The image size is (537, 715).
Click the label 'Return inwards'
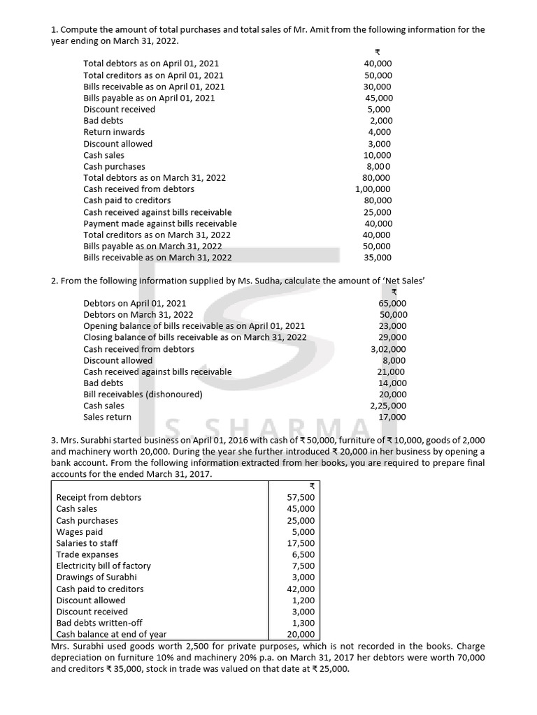coord(114,132)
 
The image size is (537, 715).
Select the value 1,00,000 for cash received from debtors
coord(373,189)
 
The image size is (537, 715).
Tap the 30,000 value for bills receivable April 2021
coord(378,87)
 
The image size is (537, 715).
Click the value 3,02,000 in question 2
coord(388,349)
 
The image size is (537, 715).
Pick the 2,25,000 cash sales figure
coord(388,406)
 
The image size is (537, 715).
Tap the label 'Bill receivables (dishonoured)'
coord(143,395)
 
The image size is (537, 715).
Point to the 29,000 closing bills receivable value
coord(392,337)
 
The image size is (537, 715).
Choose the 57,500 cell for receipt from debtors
coord(301,498)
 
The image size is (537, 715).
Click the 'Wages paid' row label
coord(80,532)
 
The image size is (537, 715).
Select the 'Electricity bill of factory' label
coord(103,566)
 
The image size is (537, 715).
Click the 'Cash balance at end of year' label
coord(111,635)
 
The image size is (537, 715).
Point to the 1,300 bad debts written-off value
coord(303,624)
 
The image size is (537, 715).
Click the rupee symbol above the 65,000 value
coord(394,293)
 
